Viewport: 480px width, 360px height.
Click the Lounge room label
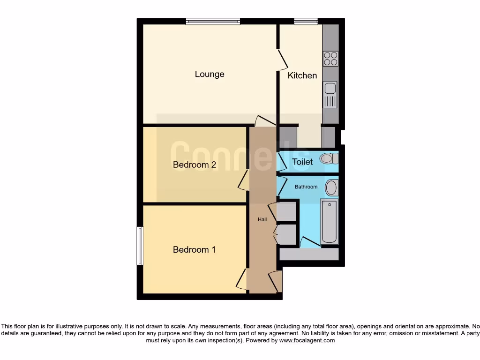(210, 74)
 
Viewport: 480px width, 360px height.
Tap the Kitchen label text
(302, 75)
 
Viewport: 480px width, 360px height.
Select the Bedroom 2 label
(194, 165)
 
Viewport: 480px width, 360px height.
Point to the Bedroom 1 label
(194, 250)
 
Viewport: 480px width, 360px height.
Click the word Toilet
(302, 162)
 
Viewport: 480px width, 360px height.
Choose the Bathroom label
(306, 187)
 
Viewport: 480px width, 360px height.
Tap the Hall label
(262, 219)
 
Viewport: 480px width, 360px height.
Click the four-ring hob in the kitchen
(330, 59)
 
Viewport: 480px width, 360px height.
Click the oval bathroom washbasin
(331, 188)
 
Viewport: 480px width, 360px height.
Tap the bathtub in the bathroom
(329, 221)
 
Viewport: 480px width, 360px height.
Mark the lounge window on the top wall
(213, 21)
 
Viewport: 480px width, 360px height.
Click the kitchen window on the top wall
(306, 21)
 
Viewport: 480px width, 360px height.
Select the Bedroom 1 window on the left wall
(140, 246)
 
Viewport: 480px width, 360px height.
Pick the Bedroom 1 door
(241, 279)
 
